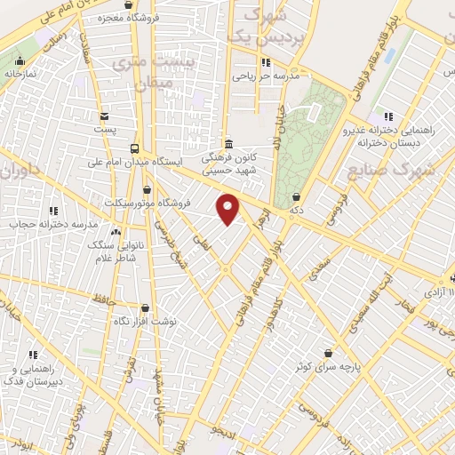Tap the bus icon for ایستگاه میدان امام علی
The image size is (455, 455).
[134, 148]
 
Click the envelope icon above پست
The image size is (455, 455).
[105, 116]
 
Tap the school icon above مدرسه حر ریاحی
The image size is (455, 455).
[265, 62]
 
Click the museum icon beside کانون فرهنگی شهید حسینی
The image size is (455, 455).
[228, 145]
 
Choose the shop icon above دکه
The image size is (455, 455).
[296, 197]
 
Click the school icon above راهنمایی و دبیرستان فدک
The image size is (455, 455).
[34, 355]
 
